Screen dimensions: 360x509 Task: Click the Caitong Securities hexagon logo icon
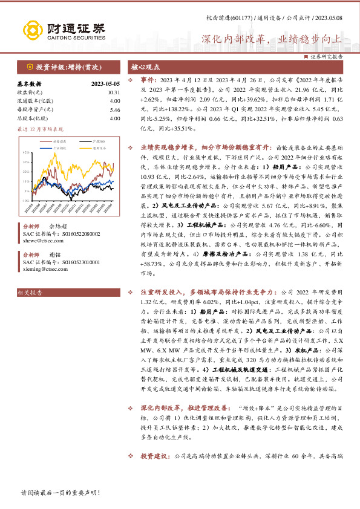pos(32,29)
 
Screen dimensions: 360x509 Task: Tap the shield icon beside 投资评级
pos(30,66)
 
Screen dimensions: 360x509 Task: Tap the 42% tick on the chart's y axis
pos(26,152)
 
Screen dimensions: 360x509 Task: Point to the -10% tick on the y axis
pos(25,199)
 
